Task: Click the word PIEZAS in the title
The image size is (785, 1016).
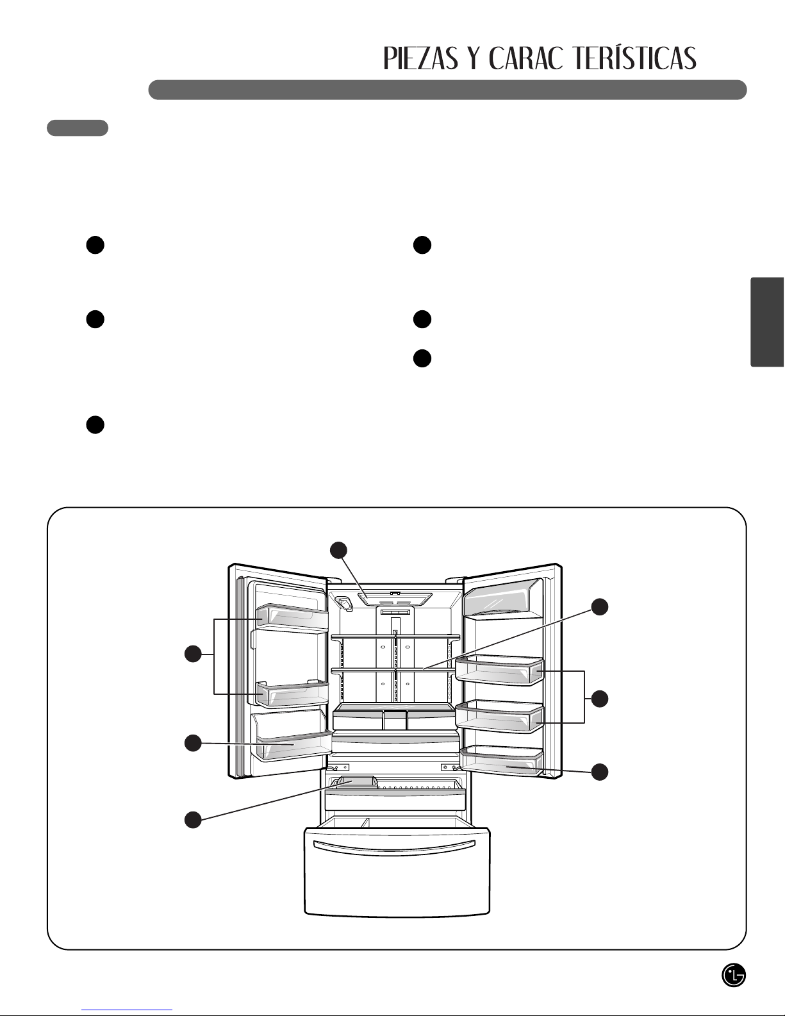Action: (x=420, y=58)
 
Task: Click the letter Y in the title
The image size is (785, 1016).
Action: (x=474, y=58)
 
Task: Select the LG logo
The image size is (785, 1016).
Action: (x=734, y=976)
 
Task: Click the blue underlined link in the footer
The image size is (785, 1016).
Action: (x=127, y=1010)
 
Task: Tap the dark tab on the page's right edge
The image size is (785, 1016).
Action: (x=767, y=322)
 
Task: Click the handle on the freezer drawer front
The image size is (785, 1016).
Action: (x=394, y=847)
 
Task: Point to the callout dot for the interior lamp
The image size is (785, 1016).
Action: (x=339, y=551)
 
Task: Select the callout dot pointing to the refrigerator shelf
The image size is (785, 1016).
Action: (x=600, y=607)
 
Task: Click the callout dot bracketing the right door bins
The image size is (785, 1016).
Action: (x=600, y=699)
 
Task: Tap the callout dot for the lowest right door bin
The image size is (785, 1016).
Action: (x=600, y=772)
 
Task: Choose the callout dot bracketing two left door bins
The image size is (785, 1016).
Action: (x=193, y=654)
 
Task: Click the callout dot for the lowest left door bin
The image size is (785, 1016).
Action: (x=193, y=743)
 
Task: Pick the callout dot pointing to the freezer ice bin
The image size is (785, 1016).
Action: (x=193, y=820)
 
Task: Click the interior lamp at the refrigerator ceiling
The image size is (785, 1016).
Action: (x=395, y=599)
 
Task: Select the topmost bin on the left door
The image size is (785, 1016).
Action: (x=292, y=617)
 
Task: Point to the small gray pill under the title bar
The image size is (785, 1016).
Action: (x=78, y=128)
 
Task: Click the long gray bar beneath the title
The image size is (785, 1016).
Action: (x=448, y=90)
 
